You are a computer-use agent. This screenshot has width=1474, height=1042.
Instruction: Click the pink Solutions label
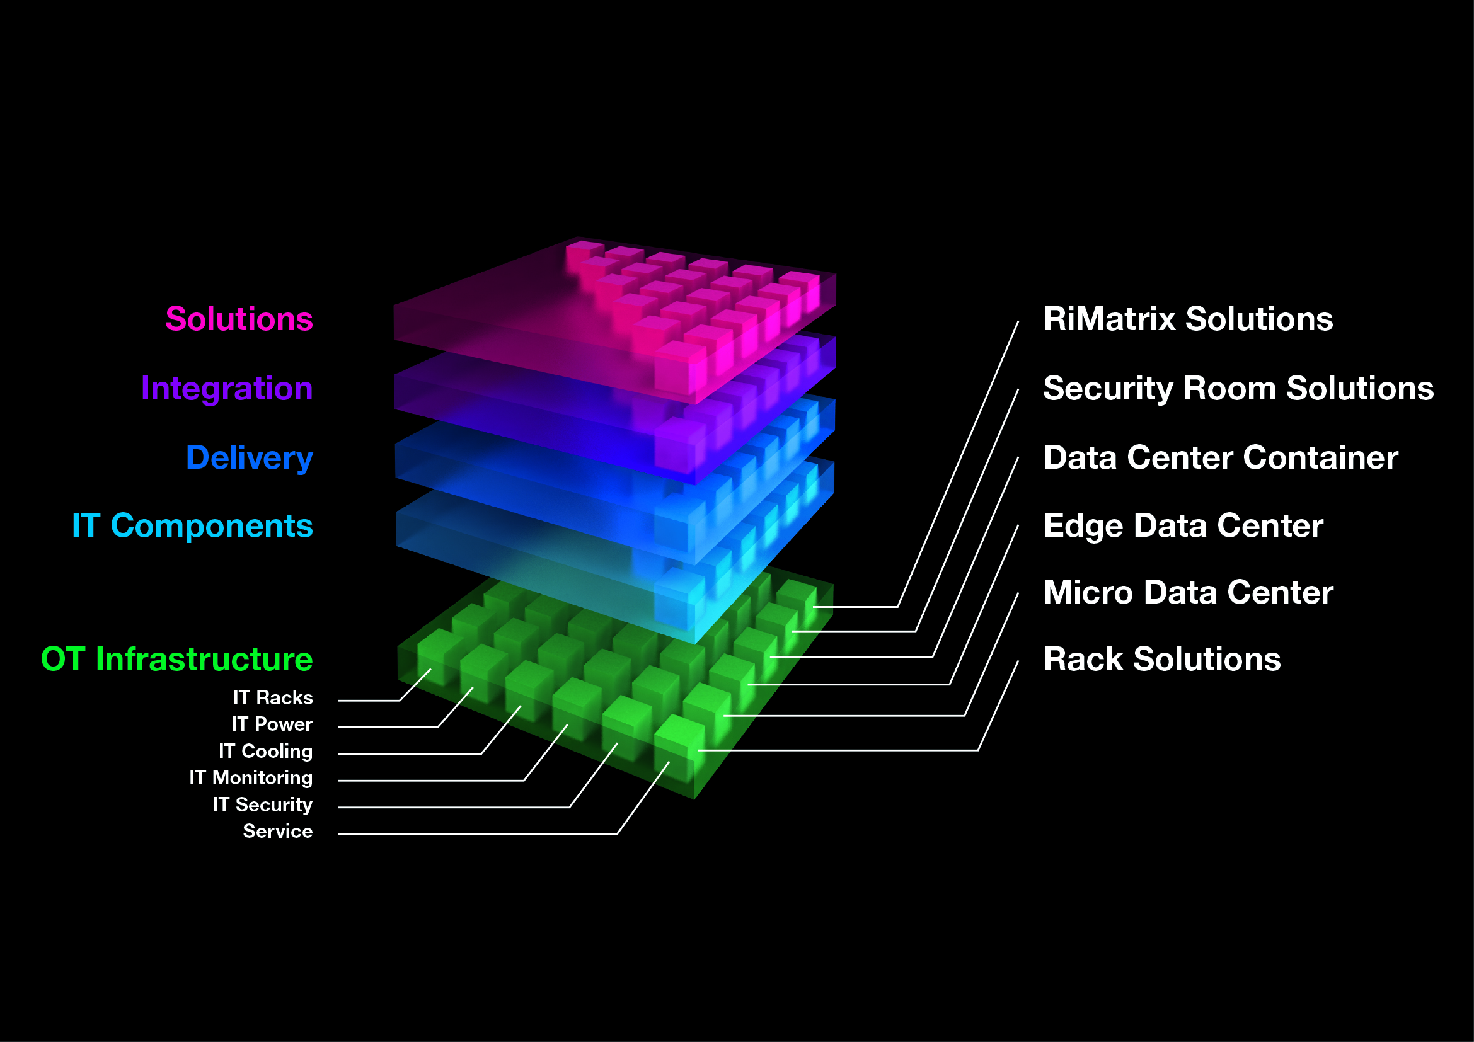(239, 319)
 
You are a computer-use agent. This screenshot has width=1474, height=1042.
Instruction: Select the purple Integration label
(227, 388)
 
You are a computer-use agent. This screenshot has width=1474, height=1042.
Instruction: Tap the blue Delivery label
(249, 457)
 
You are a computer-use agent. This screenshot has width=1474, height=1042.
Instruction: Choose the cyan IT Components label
(192, 525)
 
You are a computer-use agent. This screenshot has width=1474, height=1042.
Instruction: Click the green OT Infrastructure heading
(176, 659)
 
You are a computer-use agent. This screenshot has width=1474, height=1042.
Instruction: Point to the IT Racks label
(273, 697)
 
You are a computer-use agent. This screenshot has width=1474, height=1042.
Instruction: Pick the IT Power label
(272, 724)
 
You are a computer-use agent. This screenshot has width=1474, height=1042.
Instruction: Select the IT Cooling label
(265, 751)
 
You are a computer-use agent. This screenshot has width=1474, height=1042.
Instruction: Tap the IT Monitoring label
(250, 777)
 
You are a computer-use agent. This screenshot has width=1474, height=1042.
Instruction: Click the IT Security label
(263, 804)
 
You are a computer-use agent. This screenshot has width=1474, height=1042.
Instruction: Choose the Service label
(277, 831)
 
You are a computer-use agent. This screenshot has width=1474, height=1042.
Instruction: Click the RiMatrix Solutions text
(1188, 319)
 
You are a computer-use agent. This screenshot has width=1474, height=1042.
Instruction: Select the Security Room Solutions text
(1238, 388)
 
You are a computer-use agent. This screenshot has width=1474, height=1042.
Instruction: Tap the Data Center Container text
(1221, 457)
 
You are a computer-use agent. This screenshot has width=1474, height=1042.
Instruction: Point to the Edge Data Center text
(1183, 525)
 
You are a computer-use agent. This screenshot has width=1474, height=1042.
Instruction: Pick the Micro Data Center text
(1189, 592)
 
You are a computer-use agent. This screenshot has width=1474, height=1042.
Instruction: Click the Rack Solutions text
(1162, 659)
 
